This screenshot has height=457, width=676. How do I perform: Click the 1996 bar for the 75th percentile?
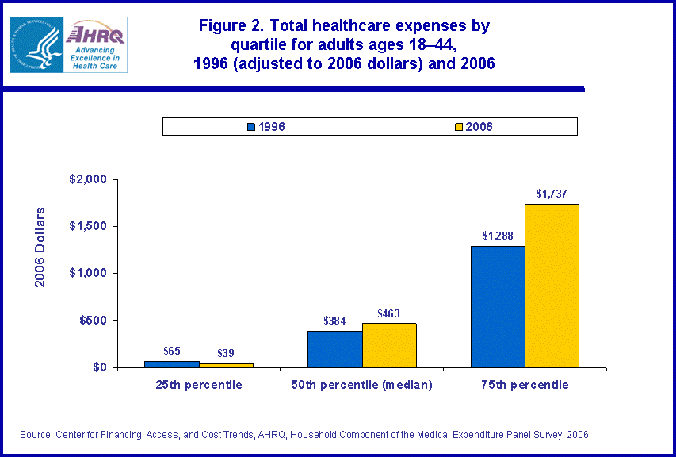click(498, 306)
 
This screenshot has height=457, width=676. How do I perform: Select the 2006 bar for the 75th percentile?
click(552, 286)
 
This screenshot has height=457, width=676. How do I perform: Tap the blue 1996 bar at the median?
click(334, 349)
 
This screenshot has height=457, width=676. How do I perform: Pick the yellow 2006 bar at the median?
click(389, 345)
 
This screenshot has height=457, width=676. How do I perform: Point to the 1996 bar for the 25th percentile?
click(171, 364)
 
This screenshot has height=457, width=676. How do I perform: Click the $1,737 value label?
click(552, 193)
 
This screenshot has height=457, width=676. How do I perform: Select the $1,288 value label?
click(498, 236)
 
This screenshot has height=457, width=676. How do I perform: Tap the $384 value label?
click(335, 321)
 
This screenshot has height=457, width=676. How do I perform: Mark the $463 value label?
click(389, 313)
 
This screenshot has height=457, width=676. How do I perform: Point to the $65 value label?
click(172, 351)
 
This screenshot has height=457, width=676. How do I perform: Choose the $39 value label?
click(226, 353)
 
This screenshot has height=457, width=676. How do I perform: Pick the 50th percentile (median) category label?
click(362, 385)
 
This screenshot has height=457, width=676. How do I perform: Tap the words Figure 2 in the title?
click(239, 25)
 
